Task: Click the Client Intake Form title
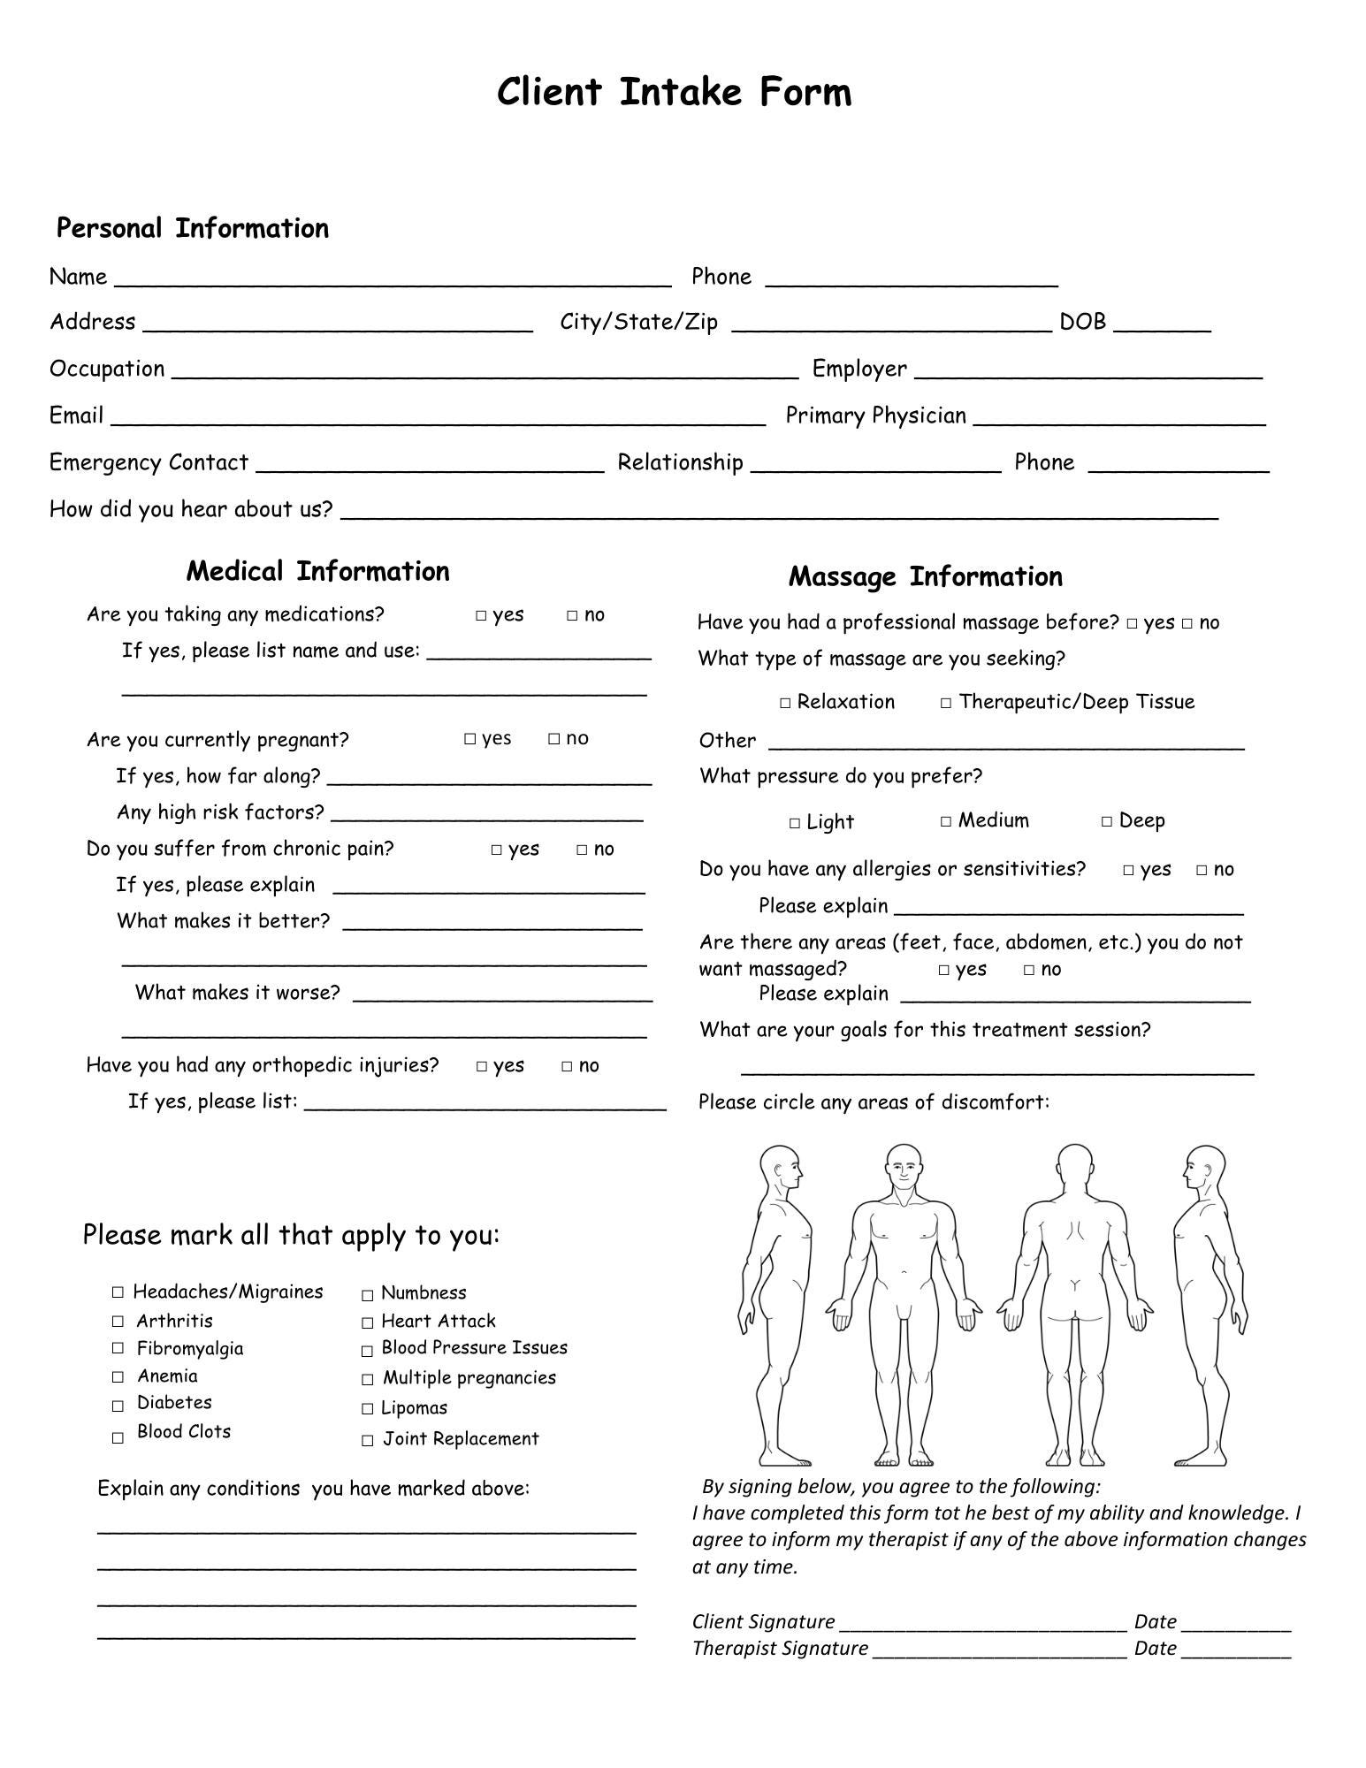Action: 674,92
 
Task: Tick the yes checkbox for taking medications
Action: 481,615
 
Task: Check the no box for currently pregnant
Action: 554,739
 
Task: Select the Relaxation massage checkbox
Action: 785,704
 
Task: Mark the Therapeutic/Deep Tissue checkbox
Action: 946,704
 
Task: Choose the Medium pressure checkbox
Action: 946,822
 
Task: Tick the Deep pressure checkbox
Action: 1107,822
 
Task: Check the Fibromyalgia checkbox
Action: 118,1348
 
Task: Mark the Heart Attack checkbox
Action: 368,1323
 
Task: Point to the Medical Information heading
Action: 317,572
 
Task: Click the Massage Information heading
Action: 926,577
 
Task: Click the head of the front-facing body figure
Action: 903,1169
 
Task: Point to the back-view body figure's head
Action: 1074,1167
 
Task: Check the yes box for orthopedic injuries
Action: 482,1067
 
